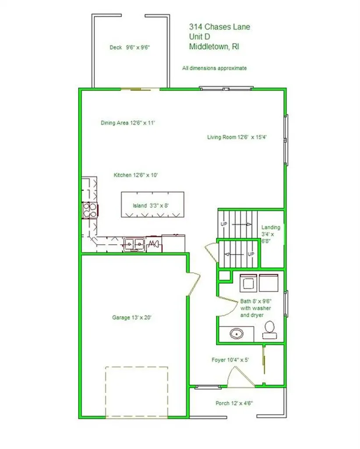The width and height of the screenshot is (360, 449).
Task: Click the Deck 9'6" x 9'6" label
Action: [x=130, y=47]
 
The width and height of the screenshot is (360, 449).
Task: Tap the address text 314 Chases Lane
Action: [x=219, y=27]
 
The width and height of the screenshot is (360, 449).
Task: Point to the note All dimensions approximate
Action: [x=214, y=68]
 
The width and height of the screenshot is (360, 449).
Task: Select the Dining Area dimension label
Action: [x=128, y=123]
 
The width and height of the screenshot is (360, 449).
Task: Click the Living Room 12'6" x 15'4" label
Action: [x=237, y=137]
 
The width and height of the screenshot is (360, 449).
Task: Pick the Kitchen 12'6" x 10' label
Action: [x=136, y=175]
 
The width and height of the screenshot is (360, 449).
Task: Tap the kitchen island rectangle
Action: [x=152, y=204]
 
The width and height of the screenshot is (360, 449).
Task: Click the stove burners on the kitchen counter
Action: [x=89, y=210]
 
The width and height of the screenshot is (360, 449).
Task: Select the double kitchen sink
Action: [x=134, y=244]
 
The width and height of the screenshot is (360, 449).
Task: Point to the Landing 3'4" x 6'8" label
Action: [x=271, y=234]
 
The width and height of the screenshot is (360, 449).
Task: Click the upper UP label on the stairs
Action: [x=224, y=224]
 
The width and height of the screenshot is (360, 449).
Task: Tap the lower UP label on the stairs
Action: [x=251, y=254]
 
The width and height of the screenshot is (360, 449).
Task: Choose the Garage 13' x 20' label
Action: [x=132, y=317]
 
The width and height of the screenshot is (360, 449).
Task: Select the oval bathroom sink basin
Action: [x=236, y=334]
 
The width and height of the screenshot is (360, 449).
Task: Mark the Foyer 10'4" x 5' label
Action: [x=230, y=360]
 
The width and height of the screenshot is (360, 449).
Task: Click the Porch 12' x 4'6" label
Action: [x=234, y=403]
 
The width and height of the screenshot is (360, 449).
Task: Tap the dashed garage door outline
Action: [x=137, y=367]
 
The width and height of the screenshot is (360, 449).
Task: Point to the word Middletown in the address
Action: [x=209, y=46]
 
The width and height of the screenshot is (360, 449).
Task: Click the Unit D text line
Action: [x=200, y=37]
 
